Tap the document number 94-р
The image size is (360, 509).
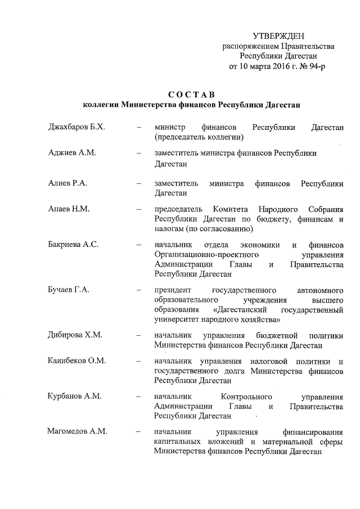313,66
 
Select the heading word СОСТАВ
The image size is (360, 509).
191,93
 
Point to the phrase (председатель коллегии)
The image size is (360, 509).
199,137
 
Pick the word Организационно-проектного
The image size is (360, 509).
202,255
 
